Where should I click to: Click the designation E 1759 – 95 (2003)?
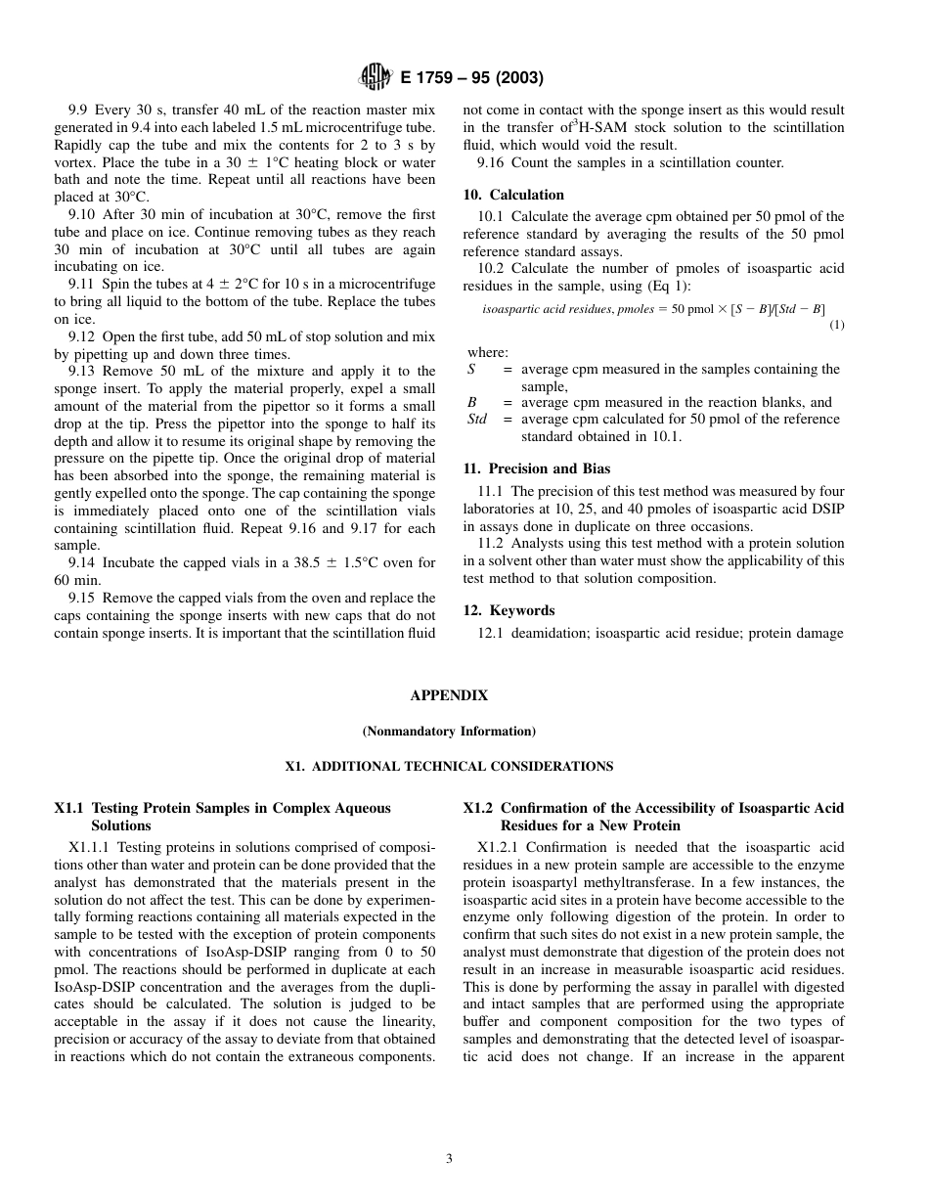471,77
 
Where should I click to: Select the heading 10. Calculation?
512,195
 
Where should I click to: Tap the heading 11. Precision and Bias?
536,468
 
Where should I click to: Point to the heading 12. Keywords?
508,610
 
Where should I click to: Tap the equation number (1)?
837,325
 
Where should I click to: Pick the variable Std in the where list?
477,420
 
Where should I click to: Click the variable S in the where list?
471,370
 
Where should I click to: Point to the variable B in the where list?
471,403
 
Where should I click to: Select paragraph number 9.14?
82,563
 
